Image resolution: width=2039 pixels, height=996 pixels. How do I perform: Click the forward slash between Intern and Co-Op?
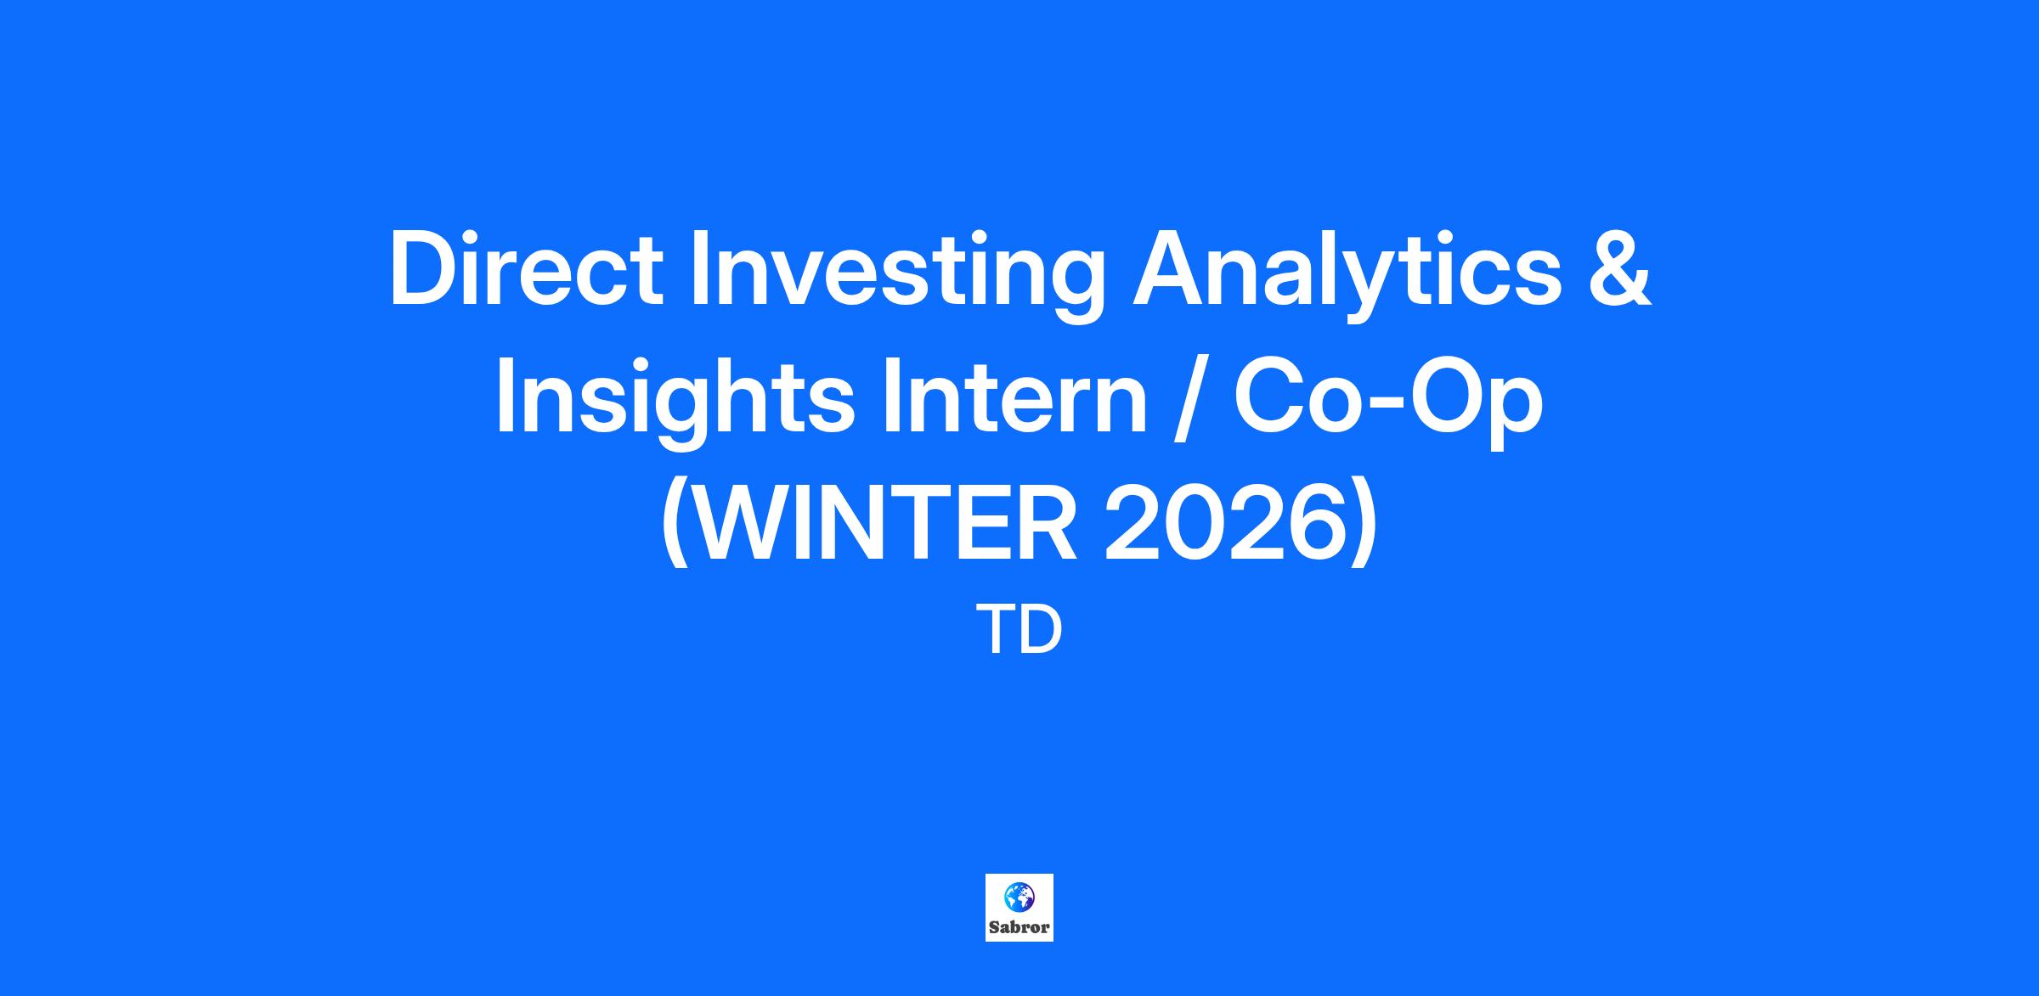point(1190,399)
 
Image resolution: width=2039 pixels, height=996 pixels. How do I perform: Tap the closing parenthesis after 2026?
point(1364,526)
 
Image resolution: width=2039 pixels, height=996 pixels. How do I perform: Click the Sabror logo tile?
point(1019,908)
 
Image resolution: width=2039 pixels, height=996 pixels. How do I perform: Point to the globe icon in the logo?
point(1019,897)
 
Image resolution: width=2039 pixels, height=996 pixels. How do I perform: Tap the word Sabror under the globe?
point(1019,927)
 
